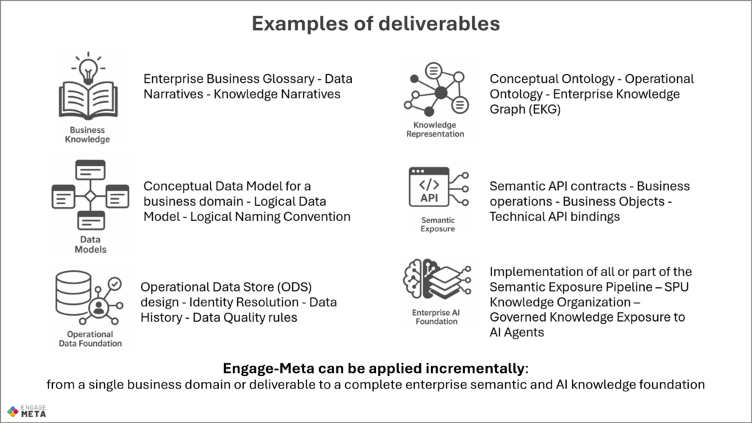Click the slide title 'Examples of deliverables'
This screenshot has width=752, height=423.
click(x=376, y=23)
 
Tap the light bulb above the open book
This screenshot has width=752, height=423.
click(x=88, y=68)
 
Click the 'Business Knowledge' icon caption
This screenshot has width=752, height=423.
click(x=87, y=135)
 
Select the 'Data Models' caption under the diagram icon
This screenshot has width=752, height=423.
click(x=90, y=245)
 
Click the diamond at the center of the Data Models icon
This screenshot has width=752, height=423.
click(x=90, y=196)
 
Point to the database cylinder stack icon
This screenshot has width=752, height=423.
click(x=73, y=293)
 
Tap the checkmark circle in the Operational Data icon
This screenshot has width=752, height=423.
click(x=115, y=284)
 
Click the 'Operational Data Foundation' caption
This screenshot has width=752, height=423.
click(x=90, y=339)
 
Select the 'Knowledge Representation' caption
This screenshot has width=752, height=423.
click(x=435, y=129)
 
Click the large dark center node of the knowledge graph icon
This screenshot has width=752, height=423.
click(x=441, y=93)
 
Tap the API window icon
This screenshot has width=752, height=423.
click(x=429, y=187)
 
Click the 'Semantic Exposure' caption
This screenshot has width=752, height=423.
click(x=438, y=225)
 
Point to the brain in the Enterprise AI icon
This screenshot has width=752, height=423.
click(x=414, y=279)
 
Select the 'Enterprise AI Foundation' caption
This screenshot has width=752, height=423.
click(x=436, y=317)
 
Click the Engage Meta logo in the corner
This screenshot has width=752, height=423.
click(x=27, y=411)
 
